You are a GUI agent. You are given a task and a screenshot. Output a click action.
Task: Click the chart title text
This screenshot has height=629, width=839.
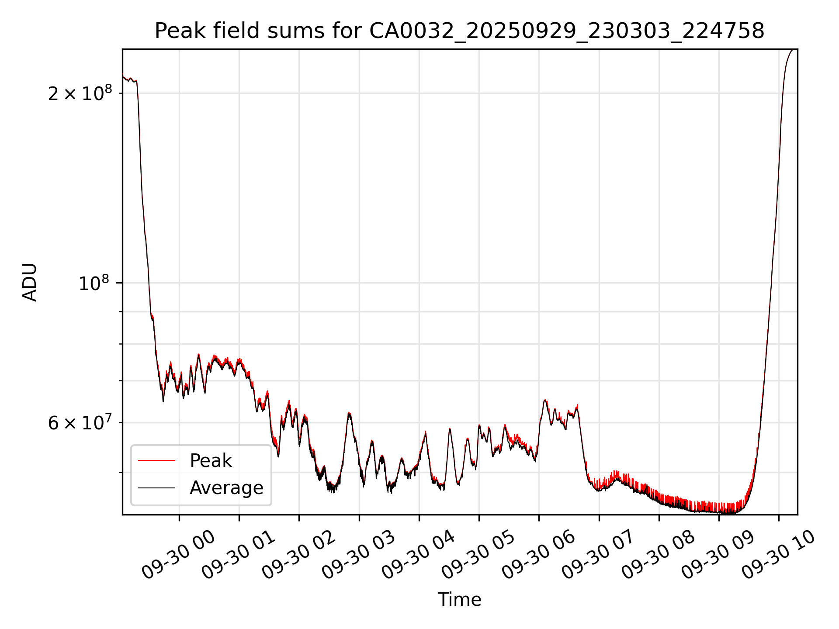(459, 31)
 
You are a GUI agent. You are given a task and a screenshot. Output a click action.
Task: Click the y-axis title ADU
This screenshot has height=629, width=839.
(30, 282)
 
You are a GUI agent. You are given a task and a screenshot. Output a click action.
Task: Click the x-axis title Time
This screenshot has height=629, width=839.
(459, 600)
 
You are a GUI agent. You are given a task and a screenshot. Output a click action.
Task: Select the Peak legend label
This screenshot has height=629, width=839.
(211, 461)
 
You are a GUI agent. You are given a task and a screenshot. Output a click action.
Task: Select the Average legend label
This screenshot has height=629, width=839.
(226, 488)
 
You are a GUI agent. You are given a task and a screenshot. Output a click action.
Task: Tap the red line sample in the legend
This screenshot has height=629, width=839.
(156, 461)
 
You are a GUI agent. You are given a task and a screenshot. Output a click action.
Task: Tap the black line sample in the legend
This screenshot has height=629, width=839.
(156, 488)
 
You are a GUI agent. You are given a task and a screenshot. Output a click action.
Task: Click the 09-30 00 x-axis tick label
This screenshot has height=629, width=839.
(179, 555)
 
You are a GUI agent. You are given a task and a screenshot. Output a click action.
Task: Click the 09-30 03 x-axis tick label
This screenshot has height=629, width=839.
(359, 555)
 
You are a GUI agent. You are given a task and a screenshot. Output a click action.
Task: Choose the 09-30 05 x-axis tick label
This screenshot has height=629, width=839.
(478, 555)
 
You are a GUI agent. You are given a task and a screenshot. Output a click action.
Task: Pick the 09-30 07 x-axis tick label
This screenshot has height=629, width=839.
(598, 555)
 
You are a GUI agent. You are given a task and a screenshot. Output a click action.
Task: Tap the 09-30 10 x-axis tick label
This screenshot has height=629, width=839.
(778, 555)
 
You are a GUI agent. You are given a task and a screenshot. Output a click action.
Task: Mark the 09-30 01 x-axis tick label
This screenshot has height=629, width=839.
(239, 555)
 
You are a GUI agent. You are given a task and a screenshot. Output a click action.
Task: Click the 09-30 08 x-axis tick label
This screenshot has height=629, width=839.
(658, 555)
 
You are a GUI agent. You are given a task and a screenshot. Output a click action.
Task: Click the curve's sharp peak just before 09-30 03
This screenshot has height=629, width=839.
(349, 413)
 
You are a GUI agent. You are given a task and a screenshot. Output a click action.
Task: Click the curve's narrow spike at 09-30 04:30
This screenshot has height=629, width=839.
(450, 429)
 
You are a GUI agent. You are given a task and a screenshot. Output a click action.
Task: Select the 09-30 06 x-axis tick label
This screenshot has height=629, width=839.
(538, 555)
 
